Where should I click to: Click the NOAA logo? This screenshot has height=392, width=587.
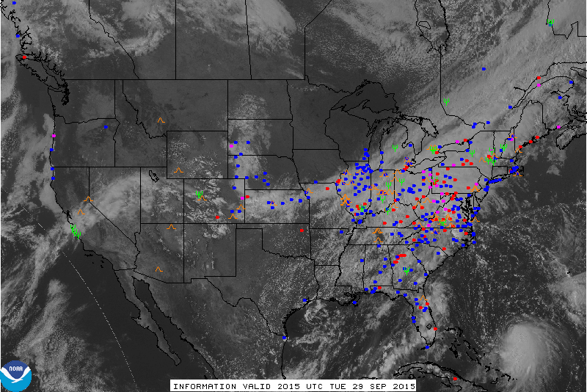[15, 375]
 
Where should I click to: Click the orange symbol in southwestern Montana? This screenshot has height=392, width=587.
[161, 120]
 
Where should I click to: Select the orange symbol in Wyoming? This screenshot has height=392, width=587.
[178, 171]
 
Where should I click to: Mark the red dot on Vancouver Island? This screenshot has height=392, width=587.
[24, 57]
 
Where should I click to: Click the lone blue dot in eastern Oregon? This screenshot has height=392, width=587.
[106, 127]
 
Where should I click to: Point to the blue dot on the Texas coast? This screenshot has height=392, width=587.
[285, 338]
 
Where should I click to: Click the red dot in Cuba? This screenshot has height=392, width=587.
[455, 378]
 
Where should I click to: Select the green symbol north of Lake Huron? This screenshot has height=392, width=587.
[446, 101]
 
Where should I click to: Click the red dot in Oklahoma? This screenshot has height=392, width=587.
[302, 230]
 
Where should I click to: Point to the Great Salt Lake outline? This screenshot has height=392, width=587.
[153, 176]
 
